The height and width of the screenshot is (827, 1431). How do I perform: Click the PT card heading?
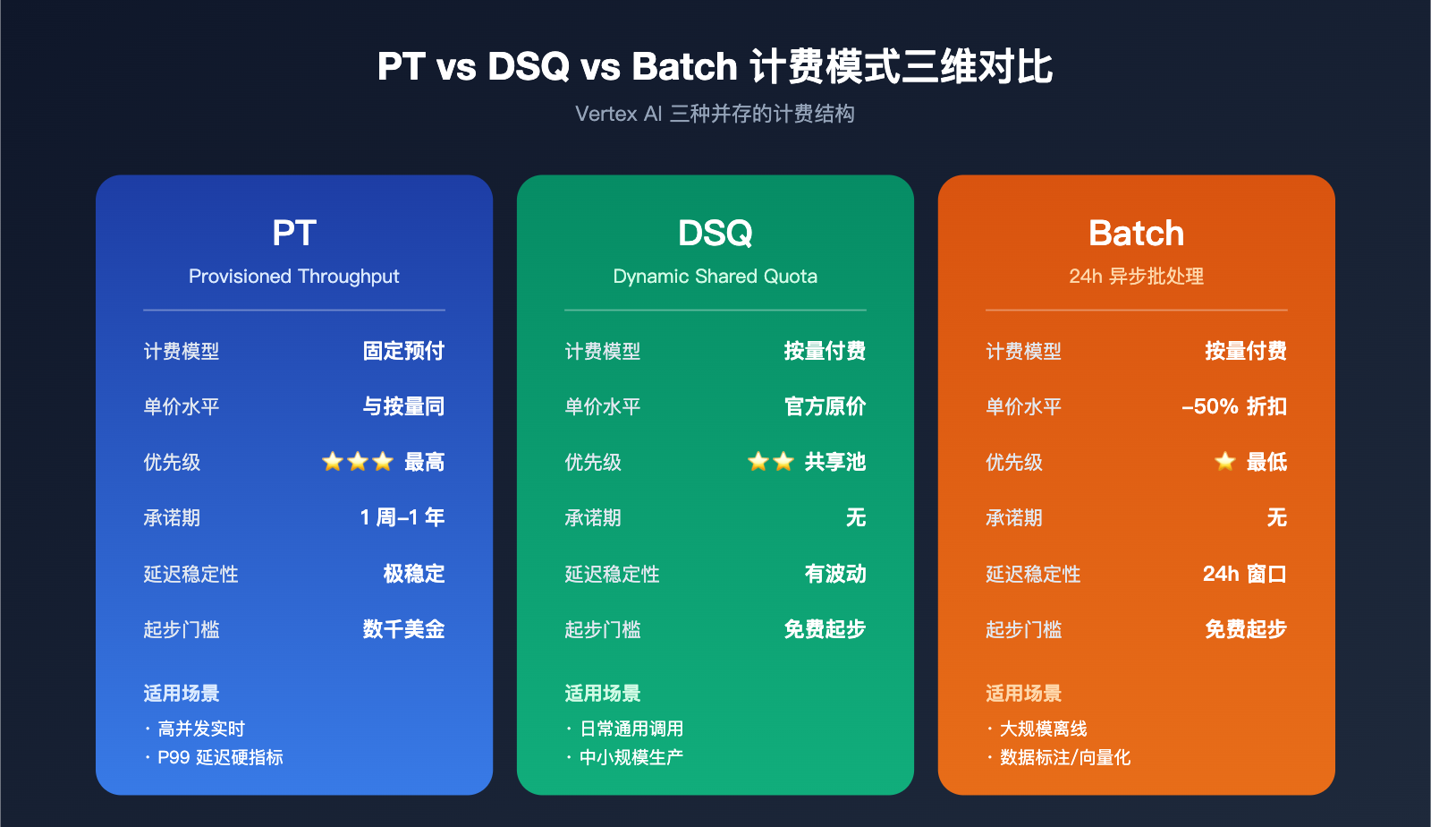(293, 234)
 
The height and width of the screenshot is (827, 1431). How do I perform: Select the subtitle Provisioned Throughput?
(293, 277)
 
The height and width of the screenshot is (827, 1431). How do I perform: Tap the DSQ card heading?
(715, 234)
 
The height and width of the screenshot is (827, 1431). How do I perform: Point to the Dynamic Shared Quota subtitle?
(715, 277)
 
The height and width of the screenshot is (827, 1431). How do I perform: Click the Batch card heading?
(1136, 234)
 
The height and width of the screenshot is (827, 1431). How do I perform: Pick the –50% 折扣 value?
(1233, 406)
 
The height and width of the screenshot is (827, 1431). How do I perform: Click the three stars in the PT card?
(358, 462)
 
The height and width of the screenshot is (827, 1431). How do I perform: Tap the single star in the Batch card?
(1224, 462)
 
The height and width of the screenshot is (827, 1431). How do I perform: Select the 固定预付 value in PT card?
(403, 351)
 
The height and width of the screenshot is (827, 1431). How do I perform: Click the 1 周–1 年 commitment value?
(402, 517)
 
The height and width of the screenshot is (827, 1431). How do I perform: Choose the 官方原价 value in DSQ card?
(825, 406)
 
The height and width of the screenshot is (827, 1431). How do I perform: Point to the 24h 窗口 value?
(1244, 574)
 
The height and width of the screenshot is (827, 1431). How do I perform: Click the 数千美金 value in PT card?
(403, 629)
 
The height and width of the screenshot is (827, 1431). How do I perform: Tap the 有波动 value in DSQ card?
(834, 574)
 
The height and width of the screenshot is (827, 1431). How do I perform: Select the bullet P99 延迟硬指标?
(220, 757)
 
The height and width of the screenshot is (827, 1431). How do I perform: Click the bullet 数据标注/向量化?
(1064, 757)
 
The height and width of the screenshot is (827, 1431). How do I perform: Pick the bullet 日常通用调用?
(631, 729)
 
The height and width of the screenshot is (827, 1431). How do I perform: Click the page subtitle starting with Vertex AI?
(715, 114)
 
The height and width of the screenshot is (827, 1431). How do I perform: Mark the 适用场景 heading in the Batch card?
(1023, 693)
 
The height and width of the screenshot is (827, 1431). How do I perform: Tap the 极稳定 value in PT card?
(413, 574)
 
